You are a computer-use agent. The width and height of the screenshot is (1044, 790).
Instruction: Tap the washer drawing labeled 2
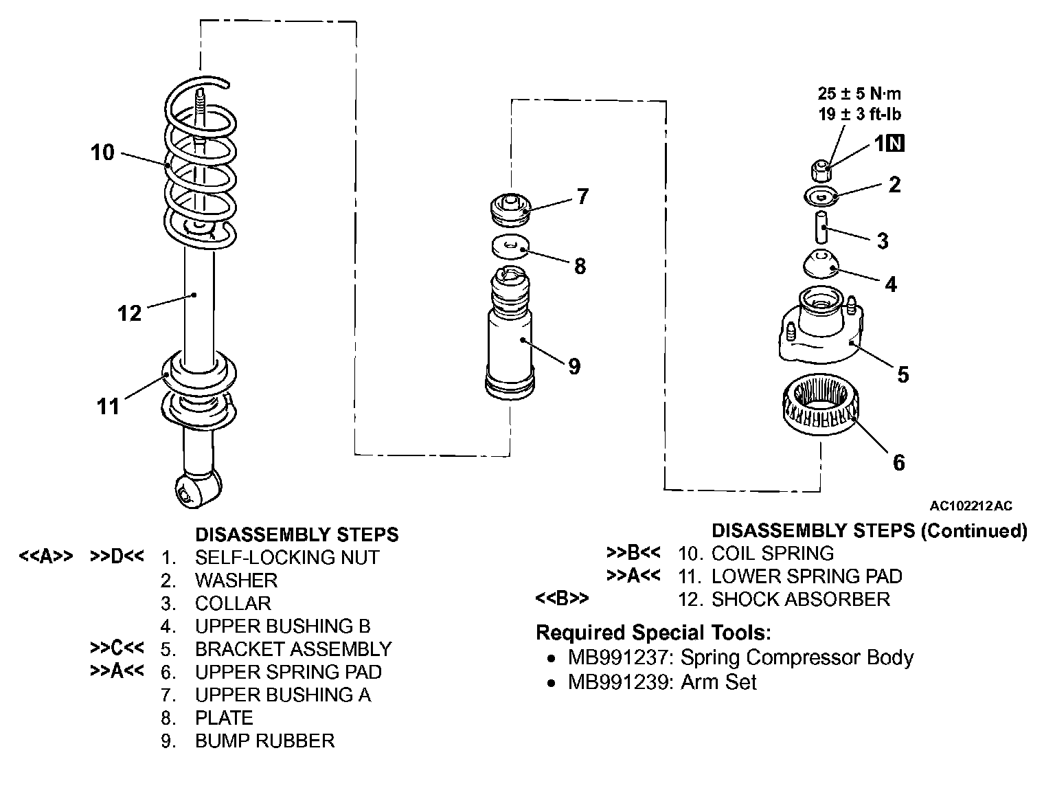[x=821, y=196]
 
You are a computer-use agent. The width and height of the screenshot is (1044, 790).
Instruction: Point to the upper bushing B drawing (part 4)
[x=821, y=264]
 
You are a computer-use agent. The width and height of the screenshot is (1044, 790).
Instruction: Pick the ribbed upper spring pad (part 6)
[x=821, y=404]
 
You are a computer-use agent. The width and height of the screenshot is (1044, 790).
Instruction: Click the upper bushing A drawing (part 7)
[x=510, y=210]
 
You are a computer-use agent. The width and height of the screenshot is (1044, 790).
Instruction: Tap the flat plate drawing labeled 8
[x=510, y=247]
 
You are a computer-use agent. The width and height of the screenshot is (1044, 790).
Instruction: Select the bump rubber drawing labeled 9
[x=510, y=333]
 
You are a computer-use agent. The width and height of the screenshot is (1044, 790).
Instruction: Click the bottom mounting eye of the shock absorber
[x=197, y=490]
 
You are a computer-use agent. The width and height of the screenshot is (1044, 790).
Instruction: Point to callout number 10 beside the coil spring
[x=102, y=153]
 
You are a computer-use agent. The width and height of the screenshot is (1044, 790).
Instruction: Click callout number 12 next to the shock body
[x=129, y=313]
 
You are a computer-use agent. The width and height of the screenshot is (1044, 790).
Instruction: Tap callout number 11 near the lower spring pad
[x=108, y=407]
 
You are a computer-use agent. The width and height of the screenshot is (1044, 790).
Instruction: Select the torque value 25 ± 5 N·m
[x=859, y=93]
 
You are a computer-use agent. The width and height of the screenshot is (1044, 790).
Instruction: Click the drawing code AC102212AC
[x=971, y=506]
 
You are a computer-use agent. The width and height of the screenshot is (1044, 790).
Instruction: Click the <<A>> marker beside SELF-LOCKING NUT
[x=45, y=556]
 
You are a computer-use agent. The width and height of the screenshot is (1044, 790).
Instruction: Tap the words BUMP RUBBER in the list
[x=264, y=741]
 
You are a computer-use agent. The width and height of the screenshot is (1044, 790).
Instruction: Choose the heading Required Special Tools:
[x=653, y=633]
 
